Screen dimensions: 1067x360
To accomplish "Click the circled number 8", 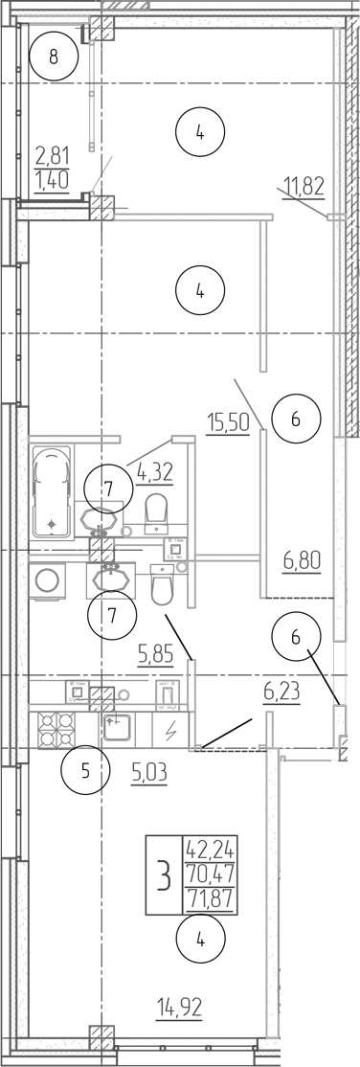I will coord(54,57).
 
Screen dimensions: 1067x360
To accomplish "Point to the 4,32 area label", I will coord(157,470).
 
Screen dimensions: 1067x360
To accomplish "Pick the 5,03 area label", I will coord(147,768).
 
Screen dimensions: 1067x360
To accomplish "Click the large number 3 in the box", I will coord(164,874).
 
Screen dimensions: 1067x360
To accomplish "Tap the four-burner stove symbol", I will coord(57,730).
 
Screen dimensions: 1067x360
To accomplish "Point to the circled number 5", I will coord(85,770).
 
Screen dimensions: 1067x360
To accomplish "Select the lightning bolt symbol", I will coord(172,730).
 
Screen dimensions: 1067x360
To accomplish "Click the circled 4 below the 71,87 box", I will coord(200,940).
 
